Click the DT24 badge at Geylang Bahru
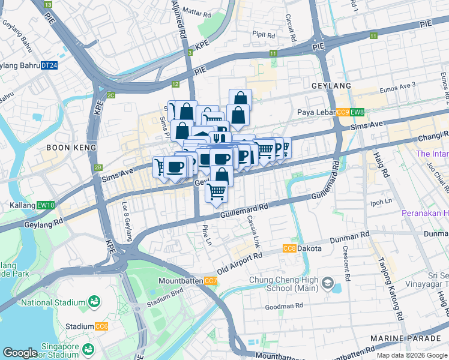(49, 65)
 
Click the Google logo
(20, 353)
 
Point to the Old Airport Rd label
(240, 262)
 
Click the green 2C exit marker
(110, 95)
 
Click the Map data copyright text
(411, 355)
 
